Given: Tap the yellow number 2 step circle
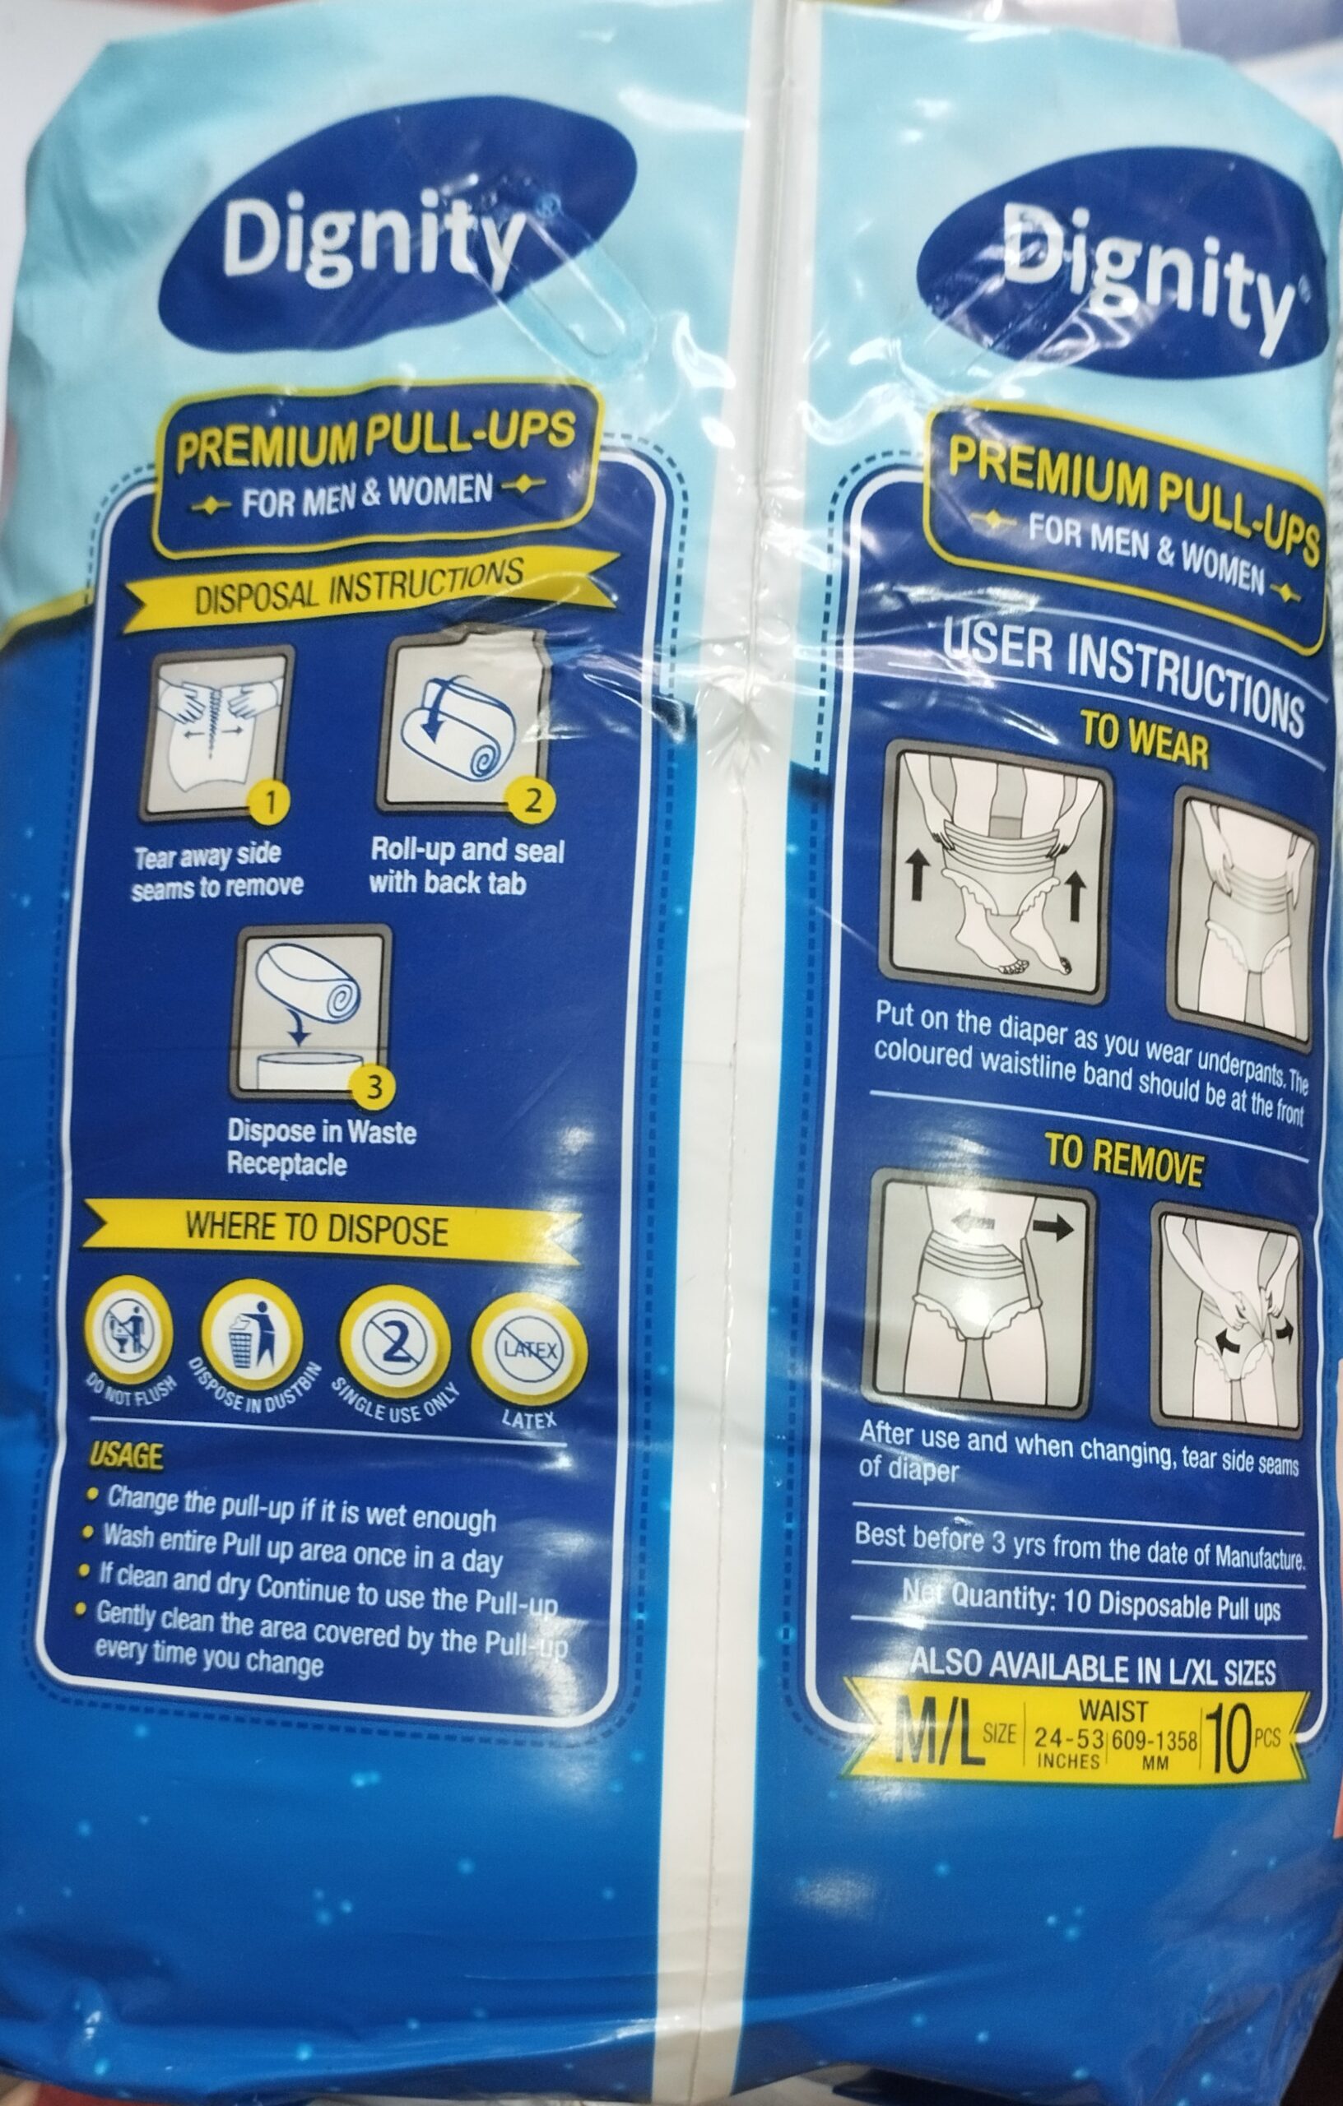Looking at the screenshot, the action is coord(528,800).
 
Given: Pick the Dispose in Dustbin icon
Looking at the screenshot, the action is coord(253,1331).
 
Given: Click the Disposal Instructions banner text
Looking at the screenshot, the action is coord(359,586).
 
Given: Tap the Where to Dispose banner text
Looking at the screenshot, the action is coord(317,1229).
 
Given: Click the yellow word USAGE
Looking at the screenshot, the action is coord(127,1454).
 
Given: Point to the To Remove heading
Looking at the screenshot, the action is coord(1124,1159).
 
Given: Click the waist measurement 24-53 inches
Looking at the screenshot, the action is coord(1067,1747).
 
